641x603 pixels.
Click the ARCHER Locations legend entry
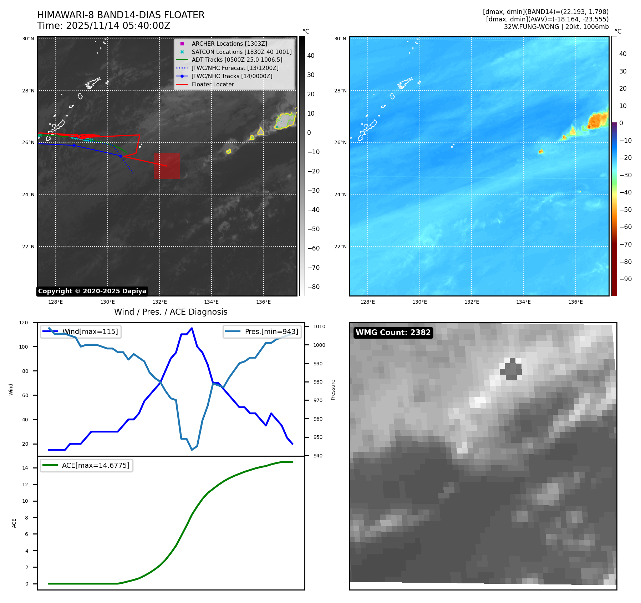point(229,44)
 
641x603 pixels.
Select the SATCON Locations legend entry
point(241,52)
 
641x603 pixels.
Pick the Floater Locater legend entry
point(213,84)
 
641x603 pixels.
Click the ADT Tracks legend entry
point(236,60)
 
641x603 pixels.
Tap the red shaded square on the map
point(167,166)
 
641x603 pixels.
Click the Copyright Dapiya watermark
point(92,291)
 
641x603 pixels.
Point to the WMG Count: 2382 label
point(393,333)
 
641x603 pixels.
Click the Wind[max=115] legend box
point(81,331)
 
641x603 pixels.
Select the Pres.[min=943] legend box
point(262,331)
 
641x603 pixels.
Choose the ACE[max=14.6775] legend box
point(87,465)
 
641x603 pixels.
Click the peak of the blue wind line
point(192,328)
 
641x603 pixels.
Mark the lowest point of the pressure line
point(192,450)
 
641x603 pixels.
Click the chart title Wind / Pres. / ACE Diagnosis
point(171,312)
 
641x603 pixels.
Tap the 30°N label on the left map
point(28,39)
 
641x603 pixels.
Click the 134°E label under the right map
point(523,302)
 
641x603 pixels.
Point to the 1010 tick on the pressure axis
point(319,326)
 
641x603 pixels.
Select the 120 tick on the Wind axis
point(24,323)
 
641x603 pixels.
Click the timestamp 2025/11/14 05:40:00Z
point(118,26)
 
